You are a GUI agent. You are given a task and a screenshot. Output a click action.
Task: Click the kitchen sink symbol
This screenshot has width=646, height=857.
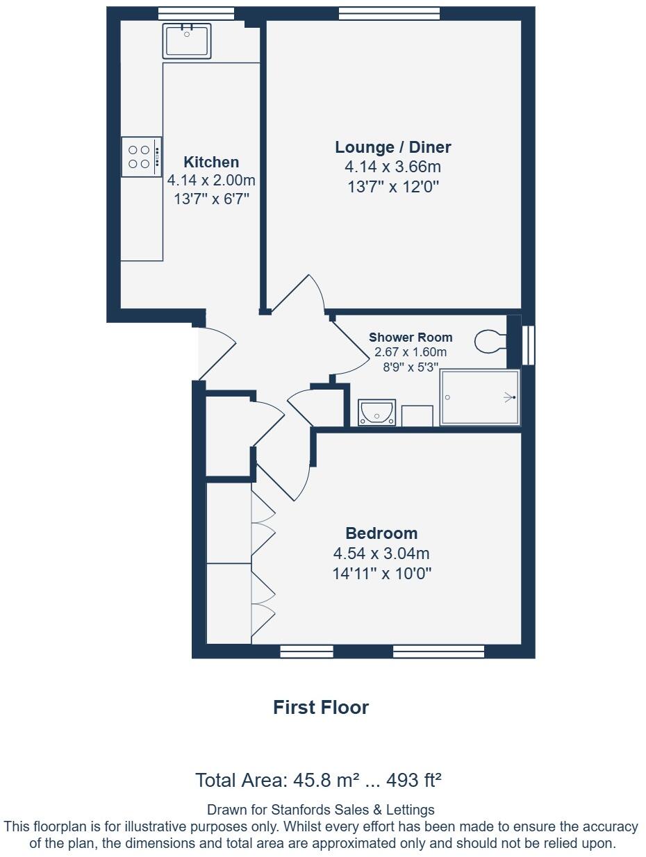(187, 40)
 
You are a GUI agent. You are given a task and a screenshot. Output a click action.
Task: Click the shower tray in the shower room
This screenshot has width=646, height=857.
(480, 397)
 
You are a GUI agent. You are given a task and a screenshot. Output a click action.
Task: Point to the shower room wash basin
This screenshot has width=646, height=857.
(376, 413)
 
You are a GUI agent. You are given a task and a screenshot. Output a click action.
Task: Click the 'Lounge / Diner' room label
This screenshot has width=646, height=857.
(392, 147)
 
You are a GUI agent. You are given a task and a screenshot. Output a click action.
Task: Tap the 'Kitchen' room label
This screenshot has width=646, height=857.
(211, 162)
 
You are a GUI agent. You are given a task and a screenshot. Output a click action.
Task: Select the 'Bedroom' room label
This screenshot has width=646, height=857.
(381, 533)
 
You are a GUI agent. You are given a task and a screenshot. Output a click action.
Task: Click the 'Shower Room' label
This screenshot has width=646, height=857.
(410, 338)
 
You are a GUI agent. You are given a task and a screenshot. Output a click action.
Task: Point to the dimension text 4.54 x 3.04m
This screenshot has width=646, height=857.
(381, 554)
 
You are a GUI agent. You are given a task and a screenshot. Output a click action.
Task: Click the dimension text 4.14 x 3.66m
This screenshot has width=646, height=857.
(392, 167)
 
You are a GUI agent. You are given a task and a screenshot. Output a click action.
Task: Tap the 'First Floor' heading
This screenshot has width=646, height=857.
(320, 707)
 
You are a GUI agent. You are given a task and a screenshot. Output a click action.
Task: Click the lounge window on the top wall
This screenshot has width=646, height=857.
(389, 13)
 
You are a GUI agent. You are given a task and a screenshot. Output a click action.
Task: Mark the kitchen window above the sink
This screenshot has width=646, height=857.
(186, 13)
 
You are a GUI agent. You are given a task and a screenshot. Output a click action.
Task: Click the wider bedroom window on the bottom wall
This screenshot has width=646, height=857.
(438, 651)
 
